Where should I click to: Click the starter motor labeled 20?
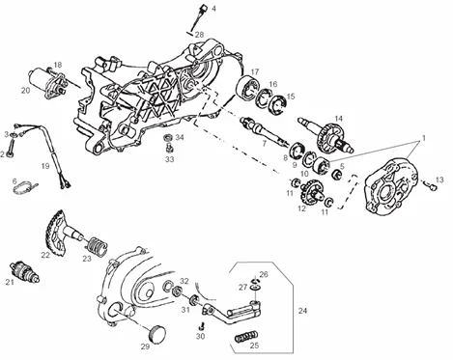(48, 82)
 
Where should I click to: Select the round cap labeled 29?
(157, 333)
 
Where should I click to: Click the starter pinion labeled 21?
(25, 272)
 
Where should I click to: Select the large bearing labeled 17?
(248, 87)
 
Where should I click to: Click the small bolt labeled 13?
(431, 185)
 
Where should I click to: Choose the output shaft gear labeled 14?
(327, 136)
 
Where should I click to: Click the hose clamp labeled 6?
(24, 188)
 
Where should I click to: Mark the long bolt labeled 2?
(12, 147)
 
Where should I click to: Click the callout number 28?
(199, 34)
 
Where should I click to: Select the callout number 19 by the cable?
(45, 166)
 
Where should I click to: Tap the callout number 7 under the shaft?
(264, 143)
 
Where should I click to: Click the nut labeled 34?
(168, 138)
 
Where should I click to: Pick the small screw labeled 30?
(202, 326)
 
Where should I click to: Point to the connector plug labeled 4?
(204, 8)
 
